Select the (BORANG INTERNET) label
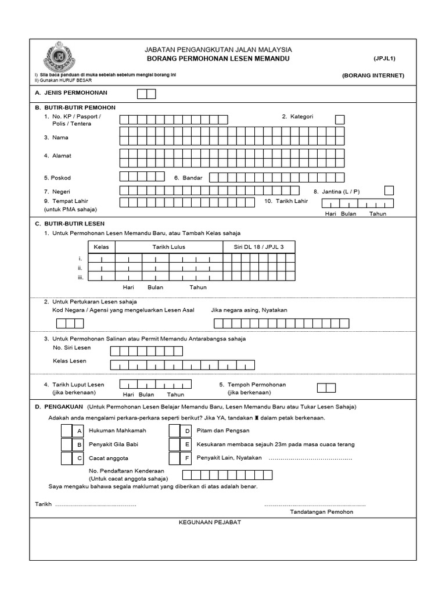[x=373, y=76]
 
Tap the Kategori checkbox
[x=340, y=119]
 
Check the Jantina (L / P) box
[x=389, y=191]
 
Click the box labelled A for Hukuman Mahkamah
[x=67, y=431]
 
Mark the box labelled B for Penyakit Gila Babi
[x=67, y=445]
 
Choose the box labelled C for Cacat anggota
[x=67, y=458]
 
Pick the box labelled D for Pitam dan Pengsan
[x=175, y=431]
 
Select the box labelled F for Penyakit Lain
[x=175, y=458]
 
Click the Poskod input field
[x=138, y=177]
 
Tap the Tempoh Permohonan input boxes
[x=326, y=388]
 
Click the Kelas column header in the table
[x=102, y=247]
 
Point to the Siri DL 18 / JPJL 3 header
[x=259, y=247]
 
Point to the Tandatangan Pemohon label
[x=321, y=512]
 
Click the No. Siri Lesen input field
[x=146, y=350]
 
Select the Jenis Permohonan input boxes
[x=146, y=94]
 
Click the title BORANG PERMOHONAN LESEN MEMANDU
[x=218, y=60]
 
